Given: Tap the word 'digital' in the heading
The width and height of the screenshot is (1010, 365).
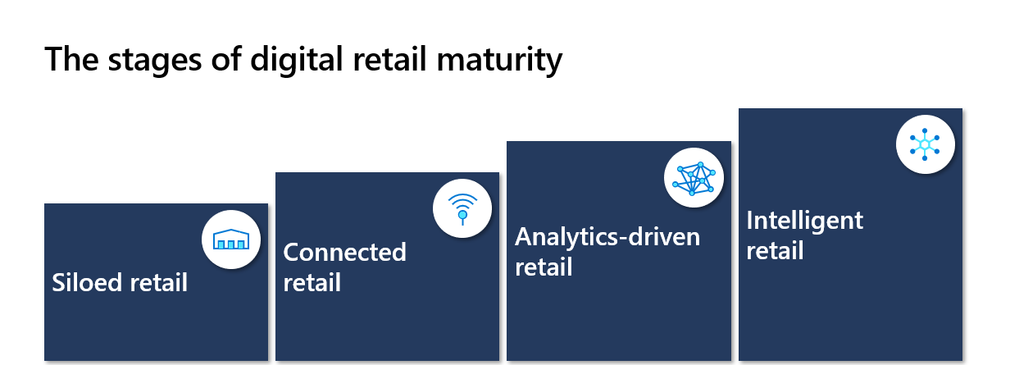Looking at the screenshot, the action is coord(297,59).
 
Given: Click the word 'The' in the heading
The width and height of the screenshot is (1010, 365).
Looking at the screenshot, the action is coord(71,59).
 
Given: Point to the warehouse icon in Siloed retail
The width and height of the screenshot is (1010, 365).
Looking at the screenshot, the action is coord(231,240).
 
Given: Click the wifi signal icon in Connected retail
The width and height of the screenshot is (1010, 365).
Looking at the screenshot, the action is coord(462,209).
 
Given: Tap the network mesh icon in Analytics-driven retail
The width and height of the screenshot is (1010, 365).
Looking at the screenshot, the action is coord(694,178).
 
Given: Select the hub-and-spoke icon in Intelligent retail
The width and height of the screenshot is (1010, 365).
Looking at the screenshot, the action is coord(925,144).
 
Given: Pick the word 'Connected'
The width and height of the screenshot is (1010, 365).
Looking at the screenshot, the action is coord(345,252).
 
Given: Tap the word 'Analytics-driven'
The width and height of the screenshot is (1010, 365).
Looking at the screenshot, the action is coord(607,237).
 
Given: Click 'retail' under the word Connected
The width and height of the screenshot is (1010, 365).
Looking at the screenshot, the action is coord(312,283).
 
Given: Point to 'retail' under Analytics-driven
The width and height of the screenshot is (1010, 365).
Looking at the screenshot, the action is coord(544,267).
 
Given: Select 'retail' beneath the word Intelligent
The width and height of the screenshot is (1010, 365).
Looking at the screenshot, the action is coord(775,251).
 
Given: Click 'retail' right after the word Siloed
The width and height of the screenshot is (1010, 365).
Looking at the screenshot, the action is coord(159,283).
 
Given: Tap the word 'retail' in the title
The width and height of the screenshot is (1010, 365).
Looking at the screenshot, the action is coord(389,59).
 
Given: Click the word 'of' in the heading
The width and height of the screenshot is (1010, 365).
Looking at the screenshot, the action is coord(226,59).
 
